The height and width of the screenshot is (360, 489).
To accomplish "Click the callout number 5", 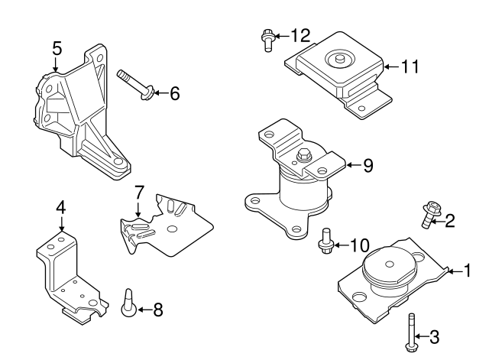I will tap(57, 47).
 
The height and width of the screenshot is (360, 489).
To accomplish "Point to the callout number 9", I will tap(368, 164).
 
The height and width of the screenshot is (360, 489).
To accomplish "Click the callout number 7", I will tap(139, 191).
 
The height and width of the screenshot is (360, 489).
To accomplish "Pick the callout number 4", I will tap(61, 207).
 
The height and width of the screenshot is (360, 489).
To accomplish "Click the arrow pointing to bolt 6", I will tap(157, 94).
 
